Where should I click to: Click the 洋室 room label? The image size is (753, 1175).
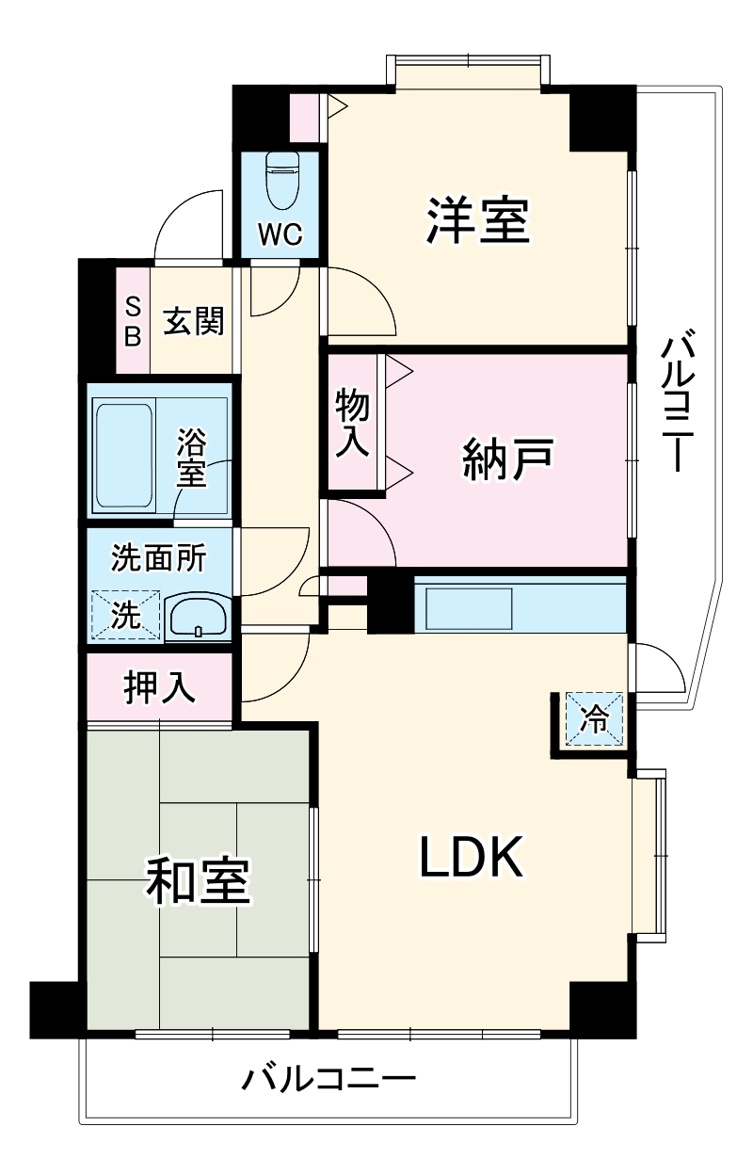tap(478, 220)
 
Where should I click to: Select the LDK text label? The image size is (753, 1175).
tap(470, 856)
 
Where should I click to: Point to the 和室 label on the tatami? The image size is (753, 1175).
tap(198, 879)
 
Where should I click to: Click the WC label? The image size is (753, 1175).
tap(280, 235)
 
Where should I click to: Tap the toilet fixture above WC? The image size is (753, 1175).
tap(280, 180)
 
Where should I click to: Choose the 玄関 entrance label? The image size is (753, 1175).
tap(194, 322)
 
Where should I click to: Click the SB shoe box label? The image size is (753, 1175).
tap(133, 322)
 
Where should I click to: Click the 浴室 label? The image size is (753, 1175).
tap(192, 457)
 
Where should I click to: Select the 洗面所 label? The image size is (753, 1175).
tap(158, 558)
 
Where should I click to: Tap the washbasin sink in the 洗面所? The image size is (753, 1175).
tap(198, 619)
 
